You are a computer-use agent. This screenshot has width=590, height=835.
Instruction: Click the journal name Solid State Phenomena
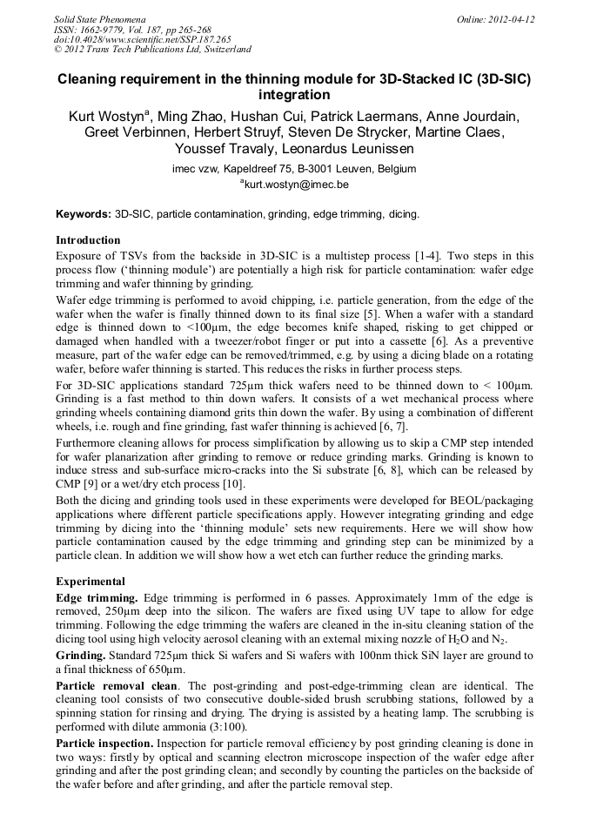99,19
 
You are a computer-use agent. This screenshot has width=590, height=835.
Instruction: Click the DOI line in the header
142,40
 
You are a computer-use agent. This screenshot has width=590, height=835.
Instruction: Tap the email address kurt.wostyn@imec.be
295,185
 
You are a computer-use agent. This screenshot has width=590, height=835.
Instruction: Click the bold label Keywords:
84,213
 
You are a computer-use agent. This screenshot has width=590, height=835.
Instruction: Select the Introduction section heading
88,240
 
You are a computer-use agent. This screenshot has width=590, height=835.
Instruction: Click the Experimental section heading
91,582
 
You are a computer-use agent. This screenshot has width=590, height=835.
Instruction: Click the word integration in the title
295,95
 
